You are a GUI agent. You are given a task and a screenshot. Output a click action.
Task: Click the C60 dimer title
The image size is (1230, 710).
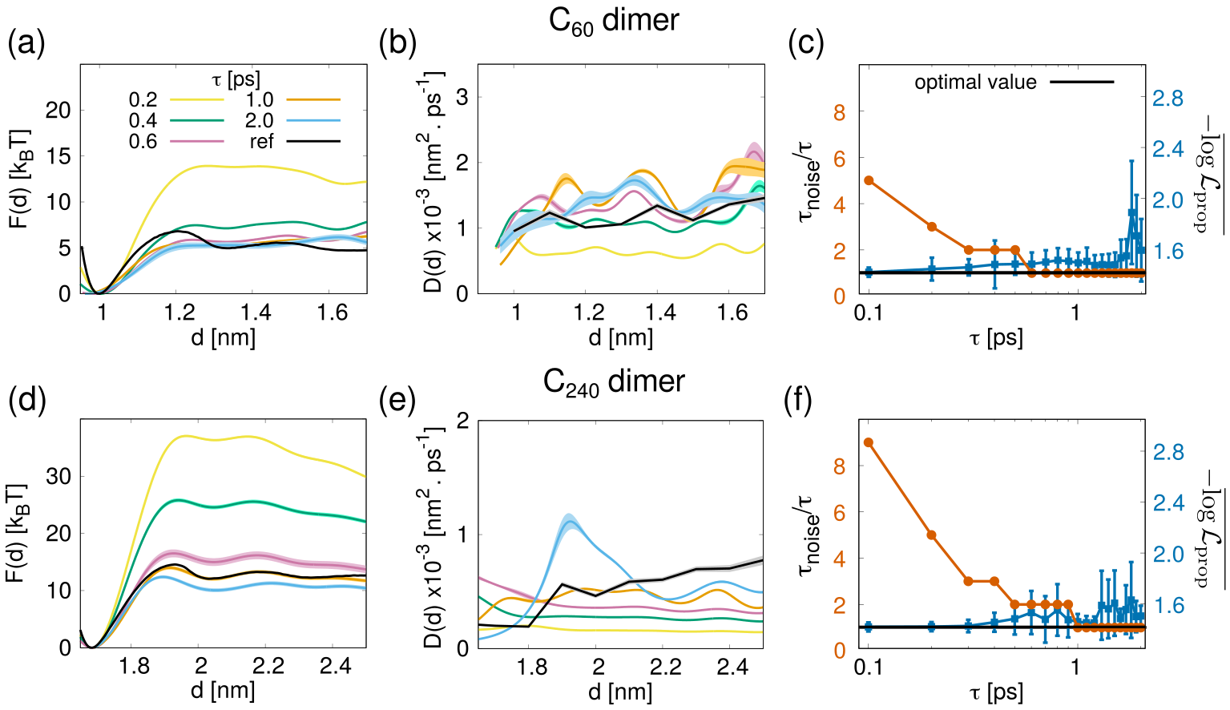pos(614,20)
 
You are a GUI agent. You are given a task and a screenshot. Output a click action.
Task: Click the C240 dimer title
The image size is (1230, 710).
pos(614,381)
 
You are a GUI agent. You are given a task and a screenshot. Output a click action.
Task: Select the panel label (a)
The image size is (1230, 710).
pos(26,42)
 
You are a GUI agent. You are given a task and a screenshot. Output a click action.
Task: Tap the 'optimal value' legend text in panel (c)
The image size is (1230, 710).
pos(975,83)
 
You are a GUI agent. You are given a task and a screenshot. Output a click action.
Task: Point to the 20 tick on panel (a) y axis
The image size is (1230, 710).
pos(58,110)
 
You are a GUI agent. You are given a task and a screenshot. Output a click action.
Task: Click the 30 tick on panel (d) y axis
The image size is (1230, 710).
pos(58,476)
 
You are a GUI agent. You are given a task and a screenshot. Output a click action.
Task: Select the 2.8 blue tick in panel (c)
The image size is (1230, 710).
pos(1167,99)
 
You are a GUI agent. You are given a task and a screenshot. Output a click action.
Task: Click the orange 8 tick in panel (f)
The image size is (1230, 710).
pos(839,466)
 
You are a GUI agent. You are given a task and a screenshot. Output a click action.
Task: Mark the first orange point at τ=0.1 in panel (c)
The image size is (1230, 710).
pos(869,181)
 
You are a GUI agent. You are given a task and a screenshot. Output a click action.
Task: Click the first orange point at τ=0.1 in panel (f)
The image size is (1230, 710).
pos(869,442)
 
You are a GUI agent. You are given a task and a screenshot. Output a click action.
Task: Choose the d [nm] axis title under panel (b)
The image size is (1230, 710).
pos(620,337)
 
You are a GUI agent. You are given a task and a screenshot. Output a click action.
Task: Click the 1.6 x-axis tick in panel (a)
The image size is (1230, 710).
pos(332,313)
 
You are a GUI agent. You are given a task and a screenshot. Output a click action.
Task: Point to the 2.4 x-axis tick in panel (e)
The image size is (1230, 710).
pos(732,667)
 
